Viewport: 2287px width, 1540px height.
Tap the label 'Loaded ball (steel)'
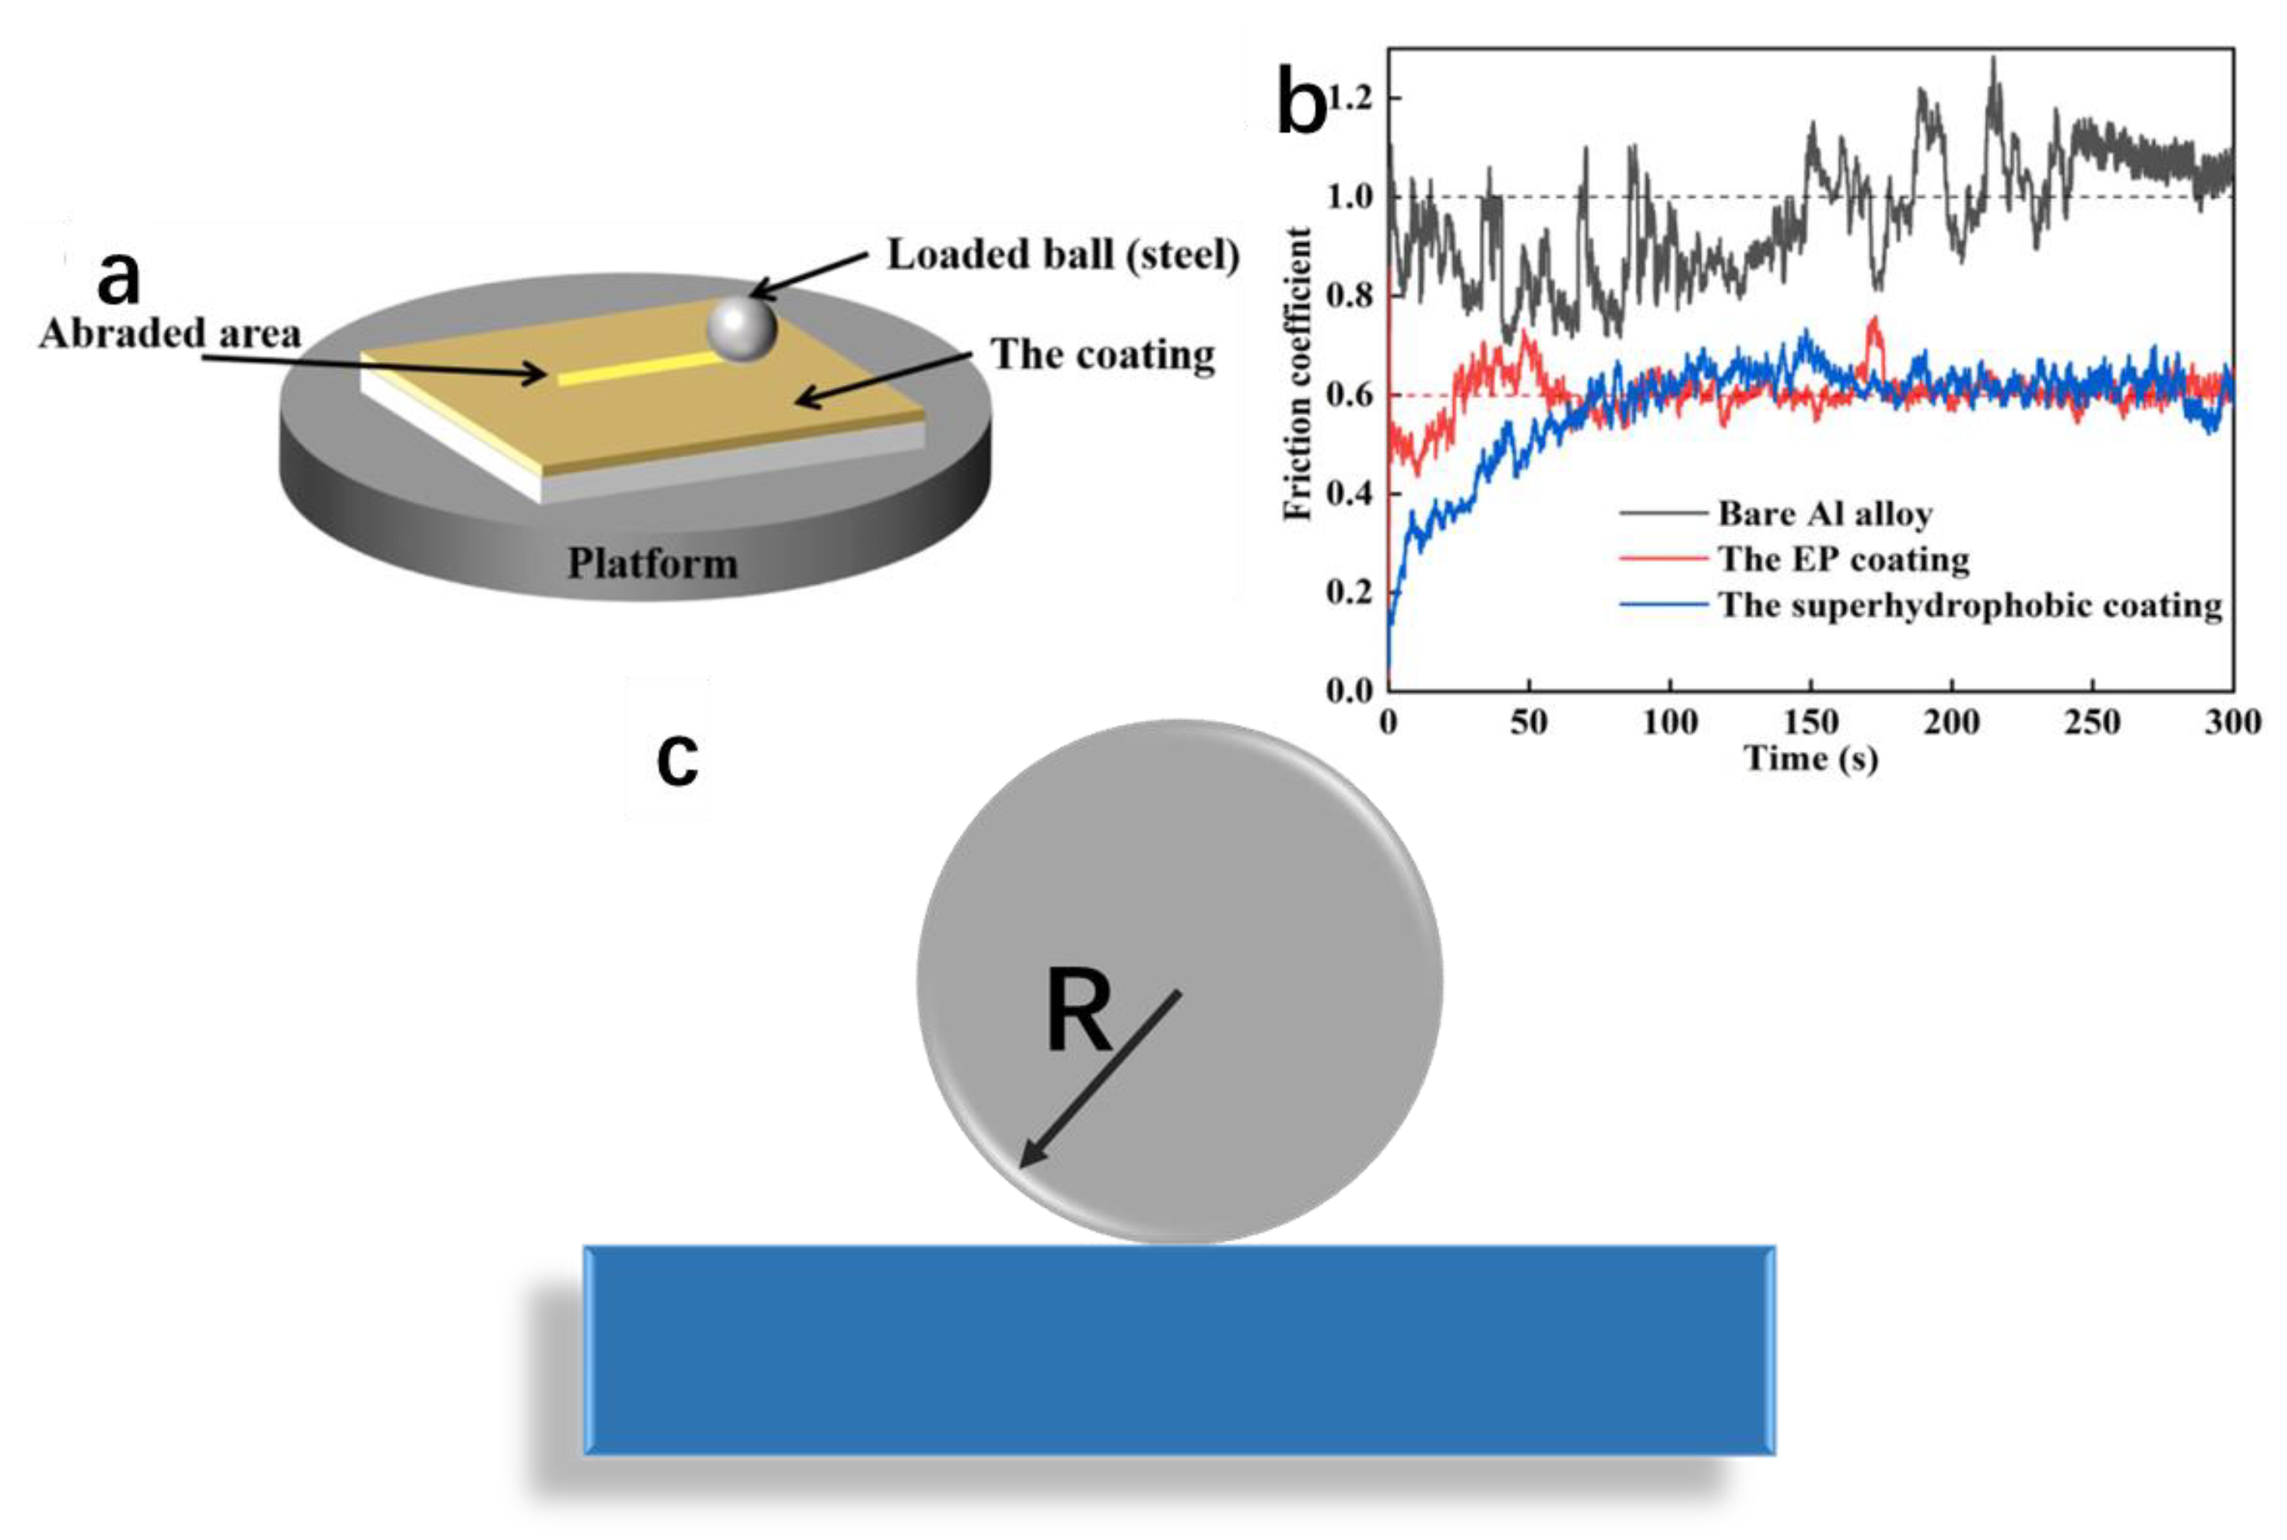coord(1063,255)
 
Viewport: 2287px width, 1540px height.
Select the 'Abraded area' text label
coord(170,334)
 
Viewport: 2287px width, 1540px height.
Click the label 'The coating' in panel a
coord(1103,354)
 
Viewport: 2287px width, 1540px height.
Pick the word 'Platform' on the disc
coord(652,564)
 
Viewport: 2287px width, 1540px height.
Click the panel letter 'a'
coord(119,278)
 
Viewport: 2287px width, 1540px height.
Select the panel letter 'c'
coord(677,759)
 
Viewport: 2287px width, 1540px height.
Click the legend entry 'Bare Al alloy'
coord(1825,513)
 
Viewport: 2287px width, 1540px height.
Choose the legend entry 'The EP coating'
coord(1843,559)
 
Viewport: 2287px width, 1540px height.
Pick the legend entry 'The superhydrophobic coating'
coord(1970,605)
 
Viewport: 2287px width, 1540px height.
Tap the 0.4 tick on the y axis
coord(1349,493)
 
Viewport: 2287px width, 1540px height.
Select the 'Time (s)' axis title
coord(1811,758)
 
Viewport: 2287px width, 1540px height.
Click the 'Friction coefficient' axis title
coord(1298,373)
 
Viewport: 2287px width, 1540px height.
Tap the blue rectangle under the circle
coord(1179,1349)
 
